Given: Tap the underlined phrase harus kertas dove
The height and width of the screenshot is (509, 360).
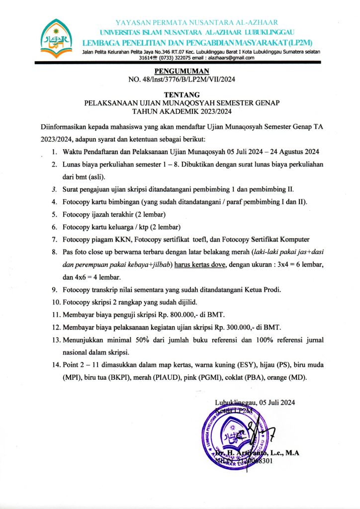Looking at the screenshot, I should [x=201, y=264].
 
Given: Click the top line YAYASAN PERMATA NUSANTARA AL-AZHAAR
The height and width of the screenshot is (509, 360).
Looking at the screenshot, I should [x=196, y=23].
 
